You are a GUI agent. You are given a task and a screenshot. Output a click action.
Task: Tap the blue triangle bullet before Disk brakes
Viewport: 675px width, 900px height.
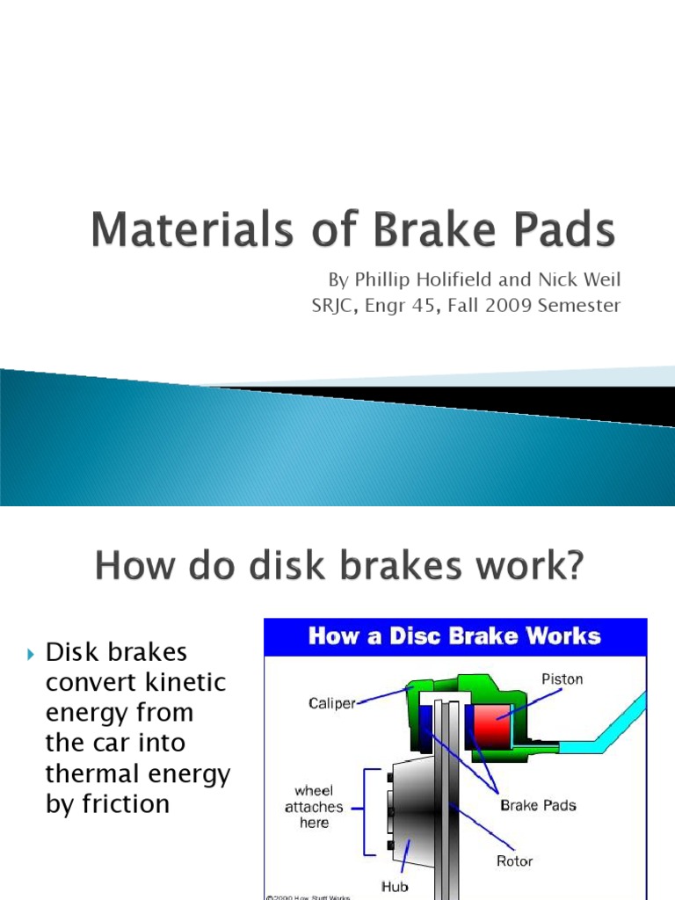click(x=32, y=654)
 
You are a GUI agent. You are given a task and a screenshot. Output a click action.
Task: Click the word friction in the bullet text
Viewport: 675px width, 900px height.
click(x=121, y=803)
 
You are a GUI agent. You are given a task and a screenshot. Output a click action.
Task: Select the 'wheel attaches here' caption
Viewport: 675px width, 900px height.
click(x=314, y=806)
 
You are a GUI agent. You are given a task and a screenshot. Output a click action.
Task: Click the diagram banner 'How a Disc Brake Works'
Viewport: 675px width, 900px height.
click(x=454, y=635)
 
